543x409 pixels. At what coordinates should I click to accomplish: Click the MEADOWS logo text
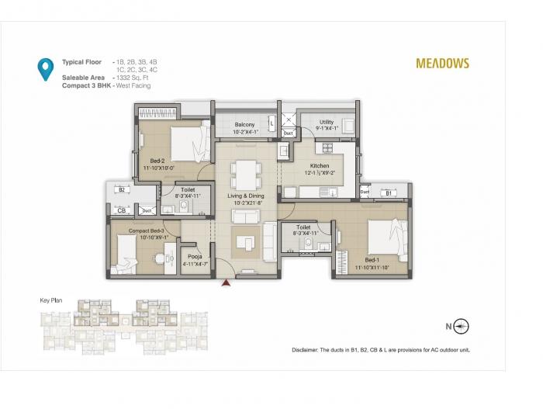coord(443,64)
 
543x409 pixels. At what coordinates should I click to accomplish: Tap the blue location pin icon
coord(46,69)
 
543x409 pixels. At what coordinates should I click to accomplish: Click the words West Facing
coord(136,85)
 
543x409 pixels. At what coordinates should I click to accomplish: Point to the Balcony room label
coord(245,124)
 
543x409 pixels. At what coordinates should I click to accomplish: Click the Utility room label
coord(327,122)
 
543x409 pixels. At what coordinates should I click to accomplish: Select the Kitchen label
coord(320,165)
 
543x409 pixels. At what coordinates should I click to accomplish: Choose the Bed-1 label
coord(372,260)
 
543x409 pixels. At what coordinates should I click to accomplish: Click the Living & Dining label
coord(246,196)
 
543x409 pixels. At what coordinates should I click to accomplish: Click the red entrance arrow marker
coord(226,283)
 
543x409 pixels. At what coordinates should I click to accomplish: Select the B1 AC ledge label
coord(389,192)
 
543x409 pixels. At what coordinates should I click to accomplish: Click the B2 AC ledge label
coord(122,189)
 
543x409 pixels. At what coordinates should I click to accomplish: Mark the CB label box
coord(121,210)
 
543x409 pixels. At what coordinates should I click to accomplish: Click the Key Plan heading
coord(51,300)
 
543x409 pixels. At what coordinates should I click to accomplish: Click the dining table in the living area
coord(246,173)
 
